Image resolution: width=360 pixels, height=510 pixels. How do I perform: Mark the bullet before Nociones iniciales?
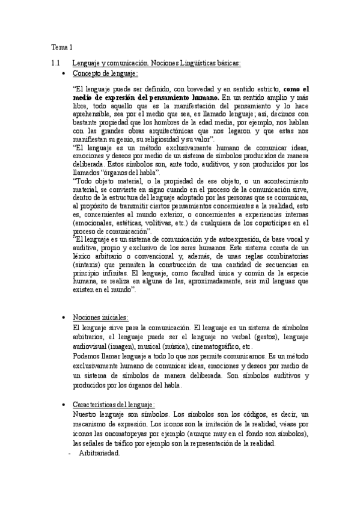[64, 318]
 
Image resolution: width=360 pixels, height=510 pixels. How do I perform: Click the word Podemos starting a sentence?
[86, 355]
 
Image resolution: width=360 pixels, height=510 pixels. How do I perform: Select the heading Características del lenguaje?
[114, 406]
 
